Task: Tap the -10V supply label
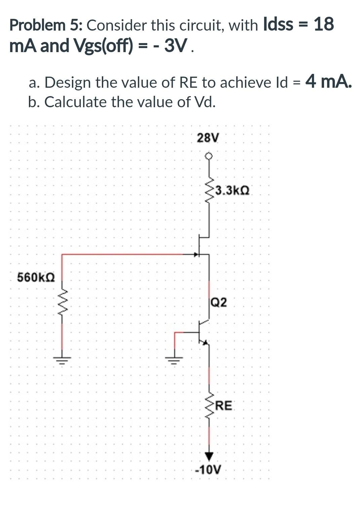pyautogui.click(x=208, y=469)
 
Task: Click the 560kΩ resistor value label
pyautogui.click(x=36, y=278)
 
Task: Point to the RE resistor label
pyautogui.click(x=224, y=406)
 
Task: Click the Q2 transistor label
pyautogui.click(x=219, y=303)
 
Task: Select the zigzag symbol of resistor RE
pyautogui.click(x=209, y=405)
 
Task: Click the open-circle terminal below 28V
pyautogui.click(x=209, y=156)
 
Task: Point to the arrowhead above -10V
pyautogui.click(x=209, y=456)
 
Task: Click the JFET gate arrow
pyautogui.click(x=196, y=254)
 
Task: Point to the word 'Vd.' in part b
pyautogui.click(x=205, y=102)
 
